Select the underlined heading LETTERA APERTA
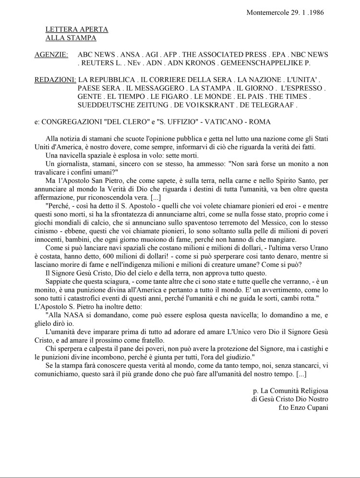point(77,29)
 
